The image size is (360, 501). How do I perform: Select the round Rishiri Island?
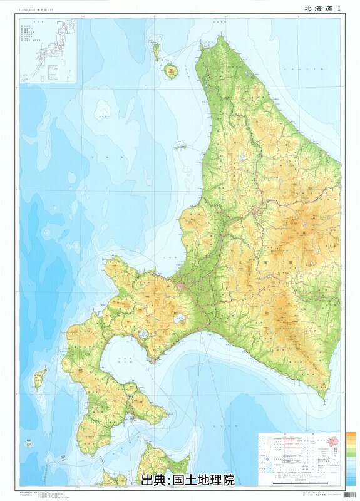pyautogui.click(x=171, y=70)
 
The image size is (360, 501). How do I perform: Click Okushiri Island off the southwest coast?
pyautogui.click(x=40, y=377)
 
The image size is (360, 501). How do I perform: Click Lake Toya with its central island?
pyautogui.click(x=143, y=334)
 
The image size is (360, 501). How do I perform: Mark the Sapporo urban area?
pyautogui.click(x=181, y=286)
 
